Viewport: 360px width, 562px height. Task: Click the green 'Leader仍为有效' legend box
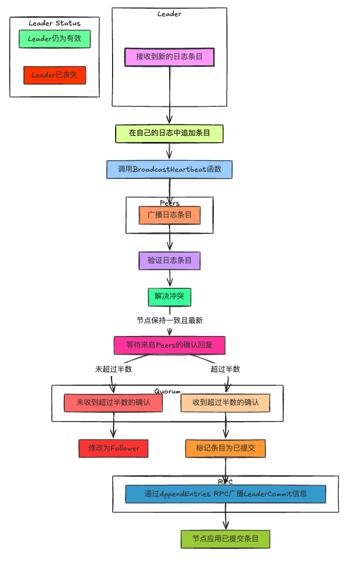pyautogui.click(x=54, y=39)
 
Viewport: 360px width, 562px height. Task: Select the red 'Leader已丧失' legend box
pyautogui.click(x=54, y=75)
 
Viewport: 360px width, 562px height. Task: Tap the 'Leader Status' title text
pyautogui.click(x=54, y=23)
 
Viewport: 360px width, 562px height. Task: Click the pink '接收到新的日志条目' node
pyautogui.click(x=169, y=57)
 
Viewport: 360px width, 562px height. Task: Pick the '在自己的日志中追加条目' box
pyautogui.click(x=169, y=134)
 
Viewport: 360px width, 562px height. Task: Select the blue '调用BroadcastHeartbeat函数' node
pyautogui.click(x=169, y=170)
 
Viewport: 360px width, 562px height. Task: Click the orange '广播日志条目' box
pyautogui.click(x=169, y=215)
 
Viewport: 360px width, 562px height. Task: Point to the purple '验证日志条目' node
pyautogui.click(x=169, y=261)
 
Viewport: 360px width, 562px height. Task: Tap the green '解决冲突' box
pyautogui.click(x=169, y=297)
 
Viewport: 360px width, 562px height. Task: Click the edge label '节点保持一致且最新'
pyautogui.click(x=169, y=320)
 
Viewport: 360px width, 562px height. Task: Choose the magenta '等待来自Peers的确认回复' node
pyautogui.click(x=169, y=345)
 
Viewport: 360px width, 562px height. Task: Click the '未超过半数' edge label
pyautogui.click(x=113, y=369)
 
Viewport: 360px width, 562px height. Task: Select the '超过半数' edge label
pyautogui.click(x=225, y=369)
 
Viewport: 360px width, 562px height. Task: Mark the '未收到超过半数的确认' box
pyautogui.click(x=113, y=402)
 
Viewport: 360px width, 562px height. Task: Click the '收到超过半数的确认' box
pyautogui.click(x=225, y=402)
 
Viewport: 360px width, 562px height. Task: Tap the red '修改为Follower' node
pyautogui.click(x=113, y=448)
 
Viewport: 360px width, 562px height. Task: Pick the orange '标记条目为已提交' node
pyautogui.click(x=225, y=448)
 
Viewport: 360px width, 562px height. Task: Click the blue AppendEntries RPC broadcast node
pyautogui.click(x=225, y=494)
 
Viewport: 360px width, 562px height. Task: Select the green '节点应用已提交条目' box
pyautogui.click(x=225, y=539)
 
